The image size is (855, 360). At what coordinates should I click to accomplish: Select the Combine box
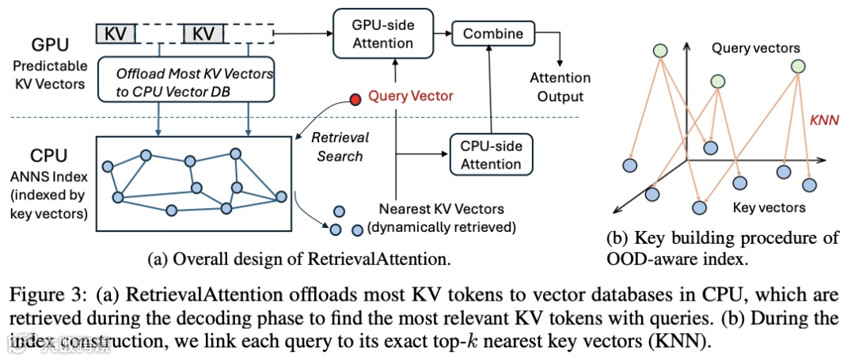click(492, 33)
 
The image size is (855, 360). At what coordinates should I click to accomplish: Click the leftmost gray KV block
click(116, 34)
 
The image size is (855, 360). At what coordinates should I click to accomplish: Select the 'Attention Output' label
click(560, 87)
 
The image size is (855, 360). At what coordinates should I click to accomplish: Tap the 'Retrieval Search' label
click(339, 146)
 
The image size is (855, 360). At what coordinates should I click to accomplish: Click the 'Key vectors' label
click(770, 207)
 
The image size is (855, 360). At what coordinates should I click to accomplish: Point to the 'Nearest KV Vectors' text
click(440, 211)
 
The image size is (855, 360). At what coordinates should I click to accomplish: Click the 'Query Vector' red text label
click(410, 97)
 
